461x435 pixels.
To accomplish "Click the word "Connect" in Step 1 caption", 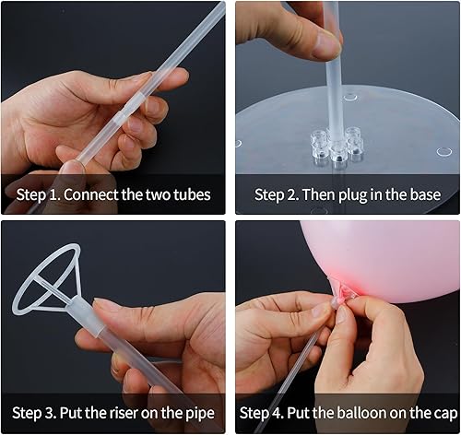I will [95, 194].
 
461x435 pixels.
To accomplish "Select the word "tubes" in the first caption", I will [191, 194].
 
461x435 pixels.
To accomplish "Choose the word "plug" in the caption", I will [349, 194].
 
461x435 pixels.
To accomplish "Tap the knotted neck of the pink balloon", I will [343, 294].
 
